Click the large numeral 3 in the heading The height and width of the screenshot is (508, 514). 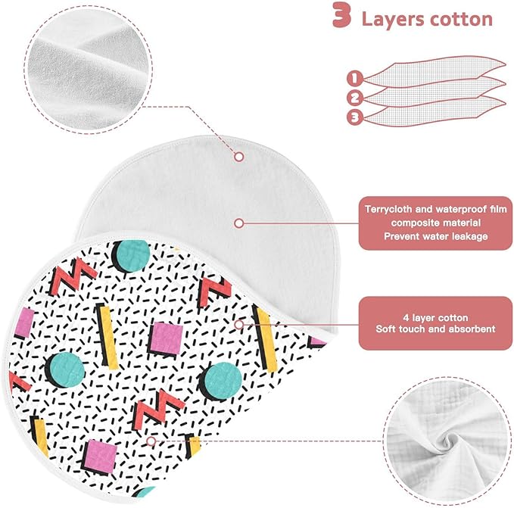click(x=342, y=15)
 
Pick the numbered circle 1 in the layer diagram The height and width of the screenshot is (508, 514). click(x=355, y=79)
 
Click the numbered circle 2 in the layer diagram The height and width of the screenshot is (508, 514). click(x=355, y=98)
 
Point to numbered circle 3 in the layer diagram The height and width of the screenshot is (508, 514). click(x=355, y=117)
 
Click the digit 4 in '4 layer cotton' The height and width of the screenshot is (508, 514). click(x=406, y=317)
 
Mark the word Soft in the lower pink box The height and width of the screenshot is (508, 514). click(x=385, y=329)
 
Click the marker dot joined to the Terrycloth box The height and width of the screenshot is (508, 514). click(x=239, y=223)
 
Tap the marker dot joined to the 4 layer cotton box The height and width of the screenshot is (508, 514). click(x=239, y=325)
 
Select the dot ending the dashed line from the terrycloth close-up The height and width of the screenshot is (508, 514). click(x=239, y=157)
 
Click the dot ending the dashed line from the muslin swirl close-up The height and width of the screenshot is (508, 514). click(x=151, y=441)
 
